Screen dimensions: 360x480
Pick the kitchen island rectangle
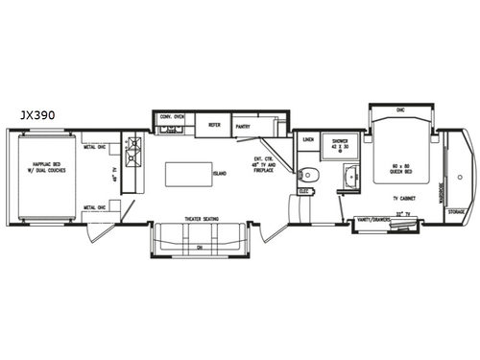coord(189,175)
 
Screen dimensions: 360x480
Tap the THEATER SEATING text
coord(203,219)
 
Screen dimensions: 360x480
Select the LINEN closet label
coord(308,140)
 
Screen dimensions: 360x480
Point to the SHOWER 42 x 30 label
coord(339,144)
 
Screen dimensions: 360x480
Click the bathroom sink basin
coord(349,176)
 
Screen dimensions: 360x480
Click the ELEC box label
coord(303,191)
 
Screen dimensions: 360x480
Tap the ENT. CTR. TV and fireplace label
coord(265,162)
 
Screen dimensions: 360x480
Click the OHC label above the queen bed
coord(401,110)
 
